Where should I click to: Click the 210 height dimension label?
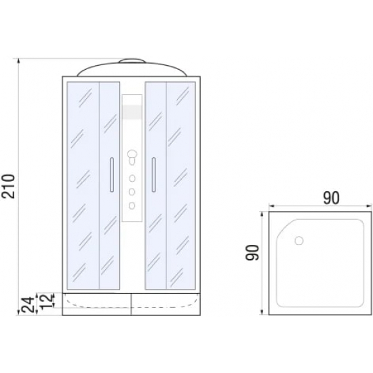[x=9, y=186]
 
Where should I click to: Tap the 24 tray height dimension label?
[x=27, y=305]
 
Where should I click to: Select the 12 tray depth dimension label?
[x=46, y=301]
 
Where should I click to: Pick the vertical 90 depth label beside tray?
[x=252, y=252]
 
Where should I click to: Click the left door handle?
[x=112, y=174]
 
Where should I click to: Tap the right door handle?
[x=154, y=174]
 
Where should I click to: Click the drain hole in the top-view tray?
[x=299, y=241]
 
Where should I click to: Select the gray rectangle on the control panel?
[x=132, y=112]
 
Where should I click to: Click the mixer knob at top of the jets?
[x=132, y=155]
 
